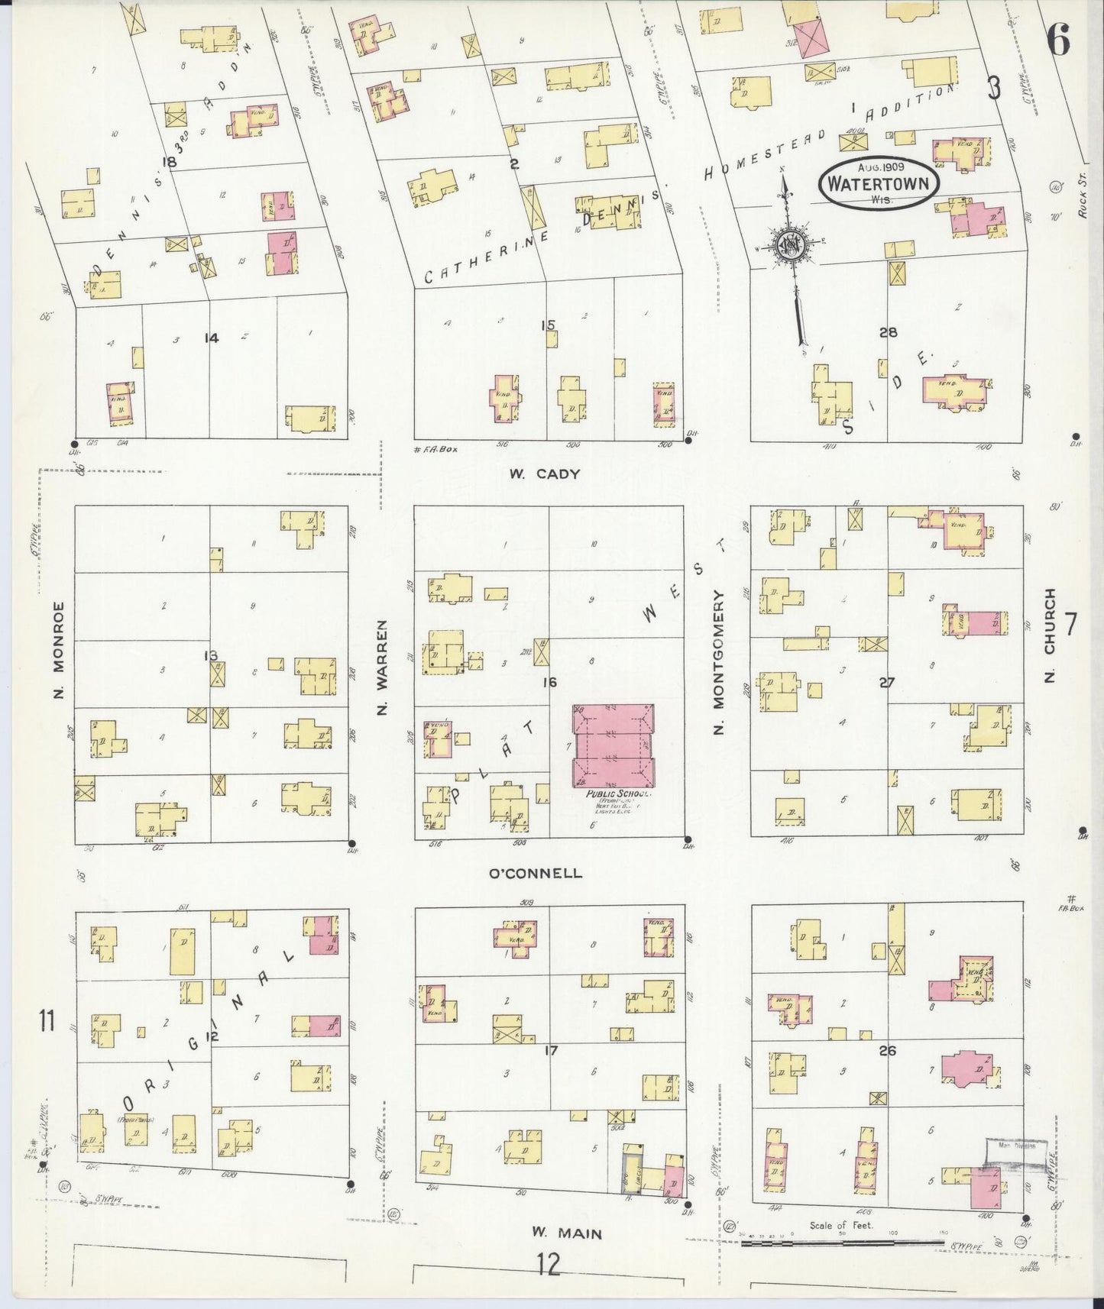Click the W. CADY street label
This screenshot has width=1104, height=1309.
point(545,474)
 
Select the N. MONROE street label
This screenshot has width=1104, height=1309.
point(59,651)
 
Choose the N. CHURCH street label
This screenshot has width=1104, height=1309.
point(1050,635)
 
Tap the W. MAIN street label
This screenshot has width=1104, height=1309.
point(567,1233)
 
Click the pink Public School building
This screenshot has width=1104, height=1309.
point(614,745)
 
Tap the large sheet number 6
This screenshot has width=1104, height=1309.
point(1058,39)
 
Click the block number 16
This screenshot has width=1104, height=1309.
point(549,682)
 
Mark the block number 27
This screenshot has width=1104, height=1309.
point(886,682)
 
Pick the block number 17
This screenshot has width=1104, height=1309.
point(550,1051)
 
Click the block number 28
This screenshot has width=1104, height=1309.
point(888,332)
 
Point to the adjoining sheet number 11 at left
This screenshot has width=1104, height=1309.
point(47,1020)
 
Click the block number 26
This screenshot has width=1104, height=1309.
point(887,1051)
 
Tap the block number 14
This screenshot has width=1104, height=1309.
point(212,338)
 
